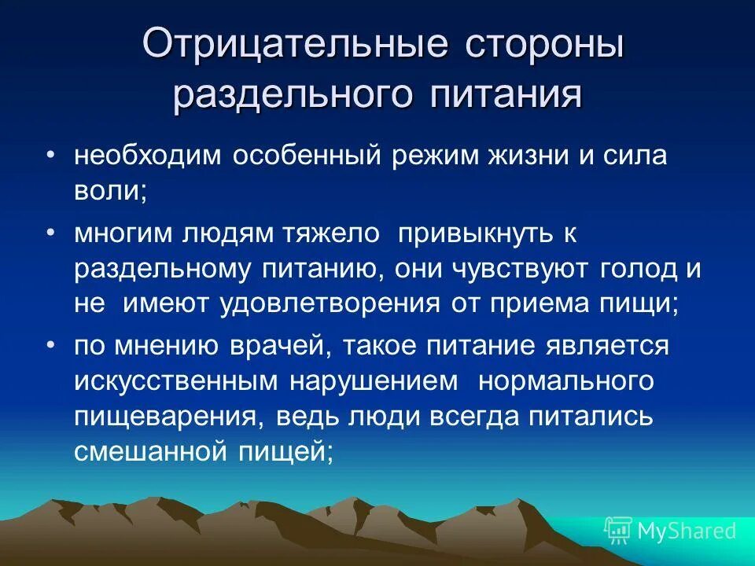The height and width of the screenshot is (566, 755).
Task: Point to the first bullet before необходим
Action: point(50,155)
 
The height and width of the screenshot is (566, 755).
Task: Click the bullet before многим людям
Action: point(50,232)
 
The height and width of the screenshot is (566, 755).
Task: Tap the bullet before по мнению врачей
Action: point(50,345)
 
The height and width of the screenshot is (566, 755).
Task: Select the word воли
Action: point(109,193)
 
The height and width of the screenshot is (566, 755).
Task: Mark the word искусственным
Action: point(177,380)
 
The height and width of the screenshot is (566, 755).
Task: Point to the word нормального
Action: point(566,380)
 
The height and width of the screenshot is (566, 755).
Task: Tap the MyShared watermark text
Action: point(687,531)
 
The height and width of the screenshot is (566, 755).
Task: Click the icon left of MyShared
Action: point(618,531)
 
